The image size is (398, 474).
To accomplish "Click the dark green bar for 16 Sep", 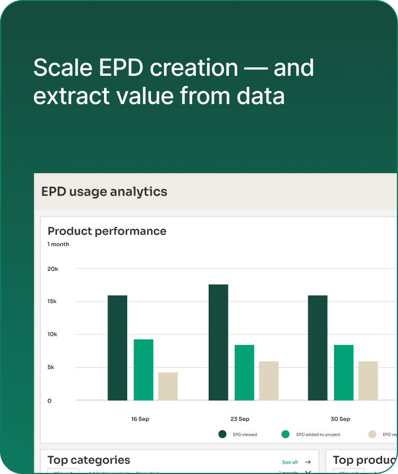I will (x=118, y=347).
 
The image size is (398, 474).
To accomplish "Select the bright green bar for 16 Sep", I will (x=144, y=369).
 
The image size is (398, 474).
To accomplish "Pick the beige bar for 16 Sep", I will (x=168, y=386).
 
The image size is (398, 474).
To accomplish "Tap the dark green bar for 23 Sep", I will (x=218, y=342).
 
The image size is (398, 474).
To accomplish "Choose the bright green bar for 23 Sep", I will (x=244, y=372).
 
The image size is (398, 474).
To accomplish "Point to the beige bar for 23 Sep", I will (x=269, y=380).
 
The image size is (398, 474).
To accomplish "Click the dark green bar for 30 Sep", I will (x=318, y=347).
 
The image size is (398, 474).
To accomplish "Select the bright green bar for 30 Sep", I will (x=344, y=372).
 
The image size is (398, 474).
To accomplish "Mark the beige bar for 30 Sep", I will (x=368, y=380).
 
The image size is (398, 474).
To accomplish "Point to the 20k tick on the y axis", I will (x=53, y=269).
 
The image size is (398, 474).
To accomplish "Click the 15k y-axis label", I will (x=52, y=301).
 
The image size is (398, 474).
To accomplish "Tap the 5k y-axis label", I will (x=51, y=367).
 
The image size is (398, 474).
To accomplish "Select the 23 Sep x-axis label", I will (x=240, y=419).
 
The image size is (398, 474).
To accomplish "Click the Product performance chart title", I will (x=107, y=231).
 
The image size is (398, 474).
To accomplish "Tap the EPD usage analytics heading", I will (x=104, y=192).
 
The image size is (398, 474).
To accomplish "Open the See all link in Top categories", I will (x=290, y=462).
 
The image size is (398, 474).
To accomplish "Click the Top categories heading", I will (x=89, y=460).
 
